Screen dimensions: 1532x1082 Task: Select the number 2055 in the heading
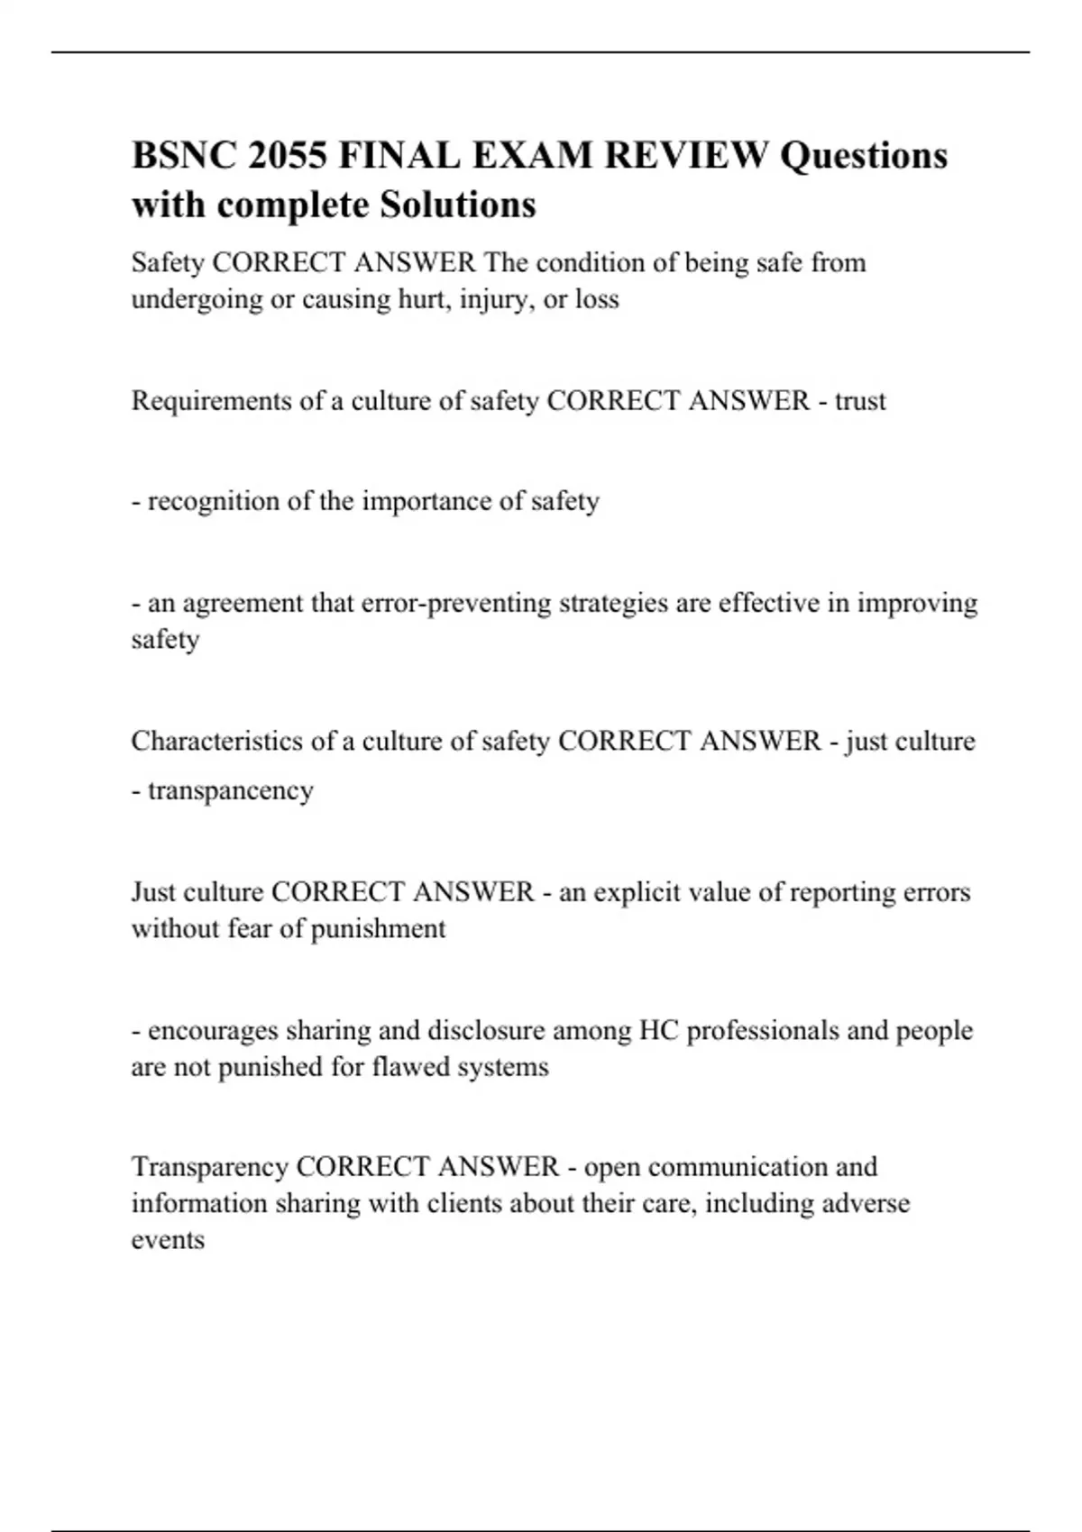click(288, 155)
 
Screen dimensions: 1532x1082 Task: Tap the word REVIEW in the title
click(686, 155)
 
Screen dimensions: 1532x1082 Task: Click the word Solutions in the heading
click(457, 205)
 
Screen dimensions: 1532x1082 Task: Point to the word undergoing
click(197, 299)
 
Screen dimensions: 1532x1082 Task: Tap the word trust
click(860, 401)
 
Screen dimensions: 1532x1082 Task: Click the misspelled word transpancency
click(231, 790)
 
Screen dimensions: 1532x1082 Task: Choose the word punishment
click(378, 929)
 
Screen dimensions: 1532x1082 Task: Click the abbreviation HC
click(658, 1030)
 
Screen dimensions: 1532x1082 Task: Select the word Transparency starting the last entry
click(209, 1167)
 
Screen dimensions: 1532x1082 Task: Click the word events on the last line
click(168, 1240)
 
